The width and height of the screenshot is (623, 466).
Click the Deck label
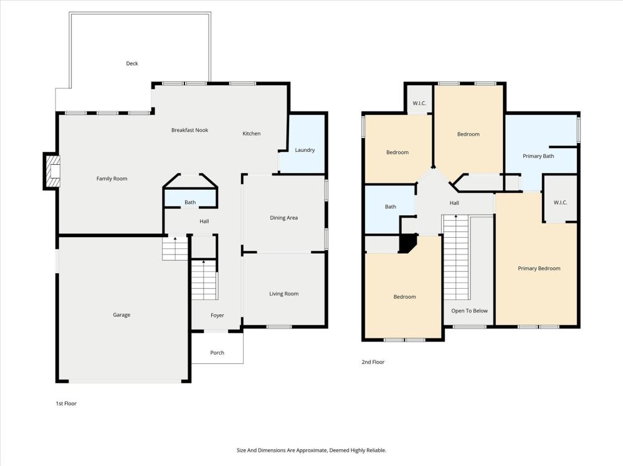(x=132, y=63)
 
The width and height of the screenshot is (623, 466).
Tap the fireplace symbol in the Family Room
(x=53, y=171)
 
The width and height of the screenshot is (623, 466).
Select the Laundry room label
(x=305, y=150)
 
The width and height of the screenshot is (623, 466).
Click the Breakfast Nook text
(x=189, y=130)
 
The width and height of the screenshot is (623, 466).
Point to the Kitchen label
(x=252, y=134)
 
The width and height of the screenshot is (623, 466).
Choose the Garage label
(x=121, y=315)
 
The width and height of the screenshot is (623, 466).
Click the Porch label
(x=217, y=353)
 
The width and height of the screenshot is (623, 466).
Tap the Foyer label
(x=217, y=315)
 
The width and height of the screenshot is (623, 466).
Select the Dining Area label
(x=283, y=218)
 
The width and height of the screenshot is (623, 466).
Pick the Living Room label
(x=283, y=294)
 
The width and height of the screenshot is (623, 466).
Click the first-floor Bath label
(x=190, y=202)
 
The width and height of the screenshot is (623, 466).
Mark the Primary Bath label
(x=538, y=156)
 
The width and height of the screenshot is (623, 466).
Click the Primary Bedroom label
(x=539, y=268)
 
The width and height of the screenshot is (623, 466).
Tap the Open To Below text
(x=469, y=311)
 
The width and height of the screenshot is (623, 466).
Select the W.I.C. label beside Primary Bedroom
(x=560, y=202)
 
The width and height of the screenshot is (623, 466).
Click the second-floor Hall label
(x=454, y=203)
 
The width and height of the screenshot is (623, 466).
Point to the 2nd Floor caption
(x=373, y=362)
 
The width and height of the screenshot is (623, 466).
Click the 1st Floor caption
(x=66, y=404)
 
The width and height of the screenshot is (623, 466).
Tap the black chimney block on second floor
(x=407, y=243)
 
